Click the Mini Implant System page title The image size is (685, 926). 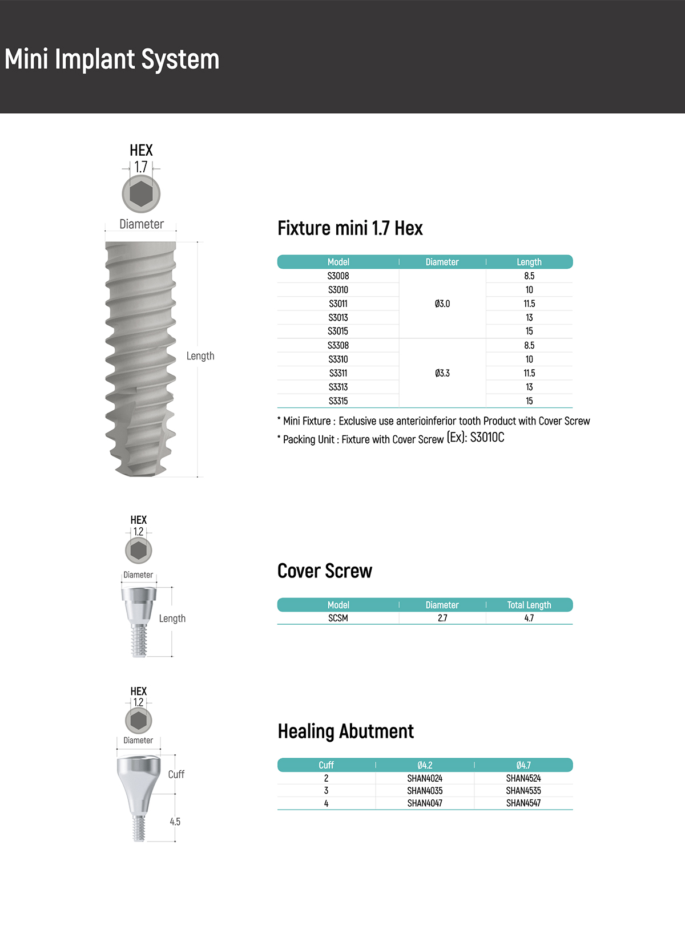pos(112,59)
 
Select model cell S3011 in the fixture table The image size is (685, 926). pos(338,304)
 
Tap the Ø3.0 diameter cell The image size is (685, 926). pos(442,304)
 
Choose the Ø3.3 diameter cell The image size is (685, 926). pos(442,373)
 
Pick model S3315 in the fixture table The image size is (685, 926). pos(338,401)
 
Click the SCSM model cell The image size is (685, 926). pos(338,618)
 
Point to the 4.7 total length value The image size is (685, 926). pos(529,618)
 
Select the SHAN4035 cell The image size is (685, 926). pos(425,790)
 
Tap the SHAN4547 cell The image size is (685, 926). pos(523,803)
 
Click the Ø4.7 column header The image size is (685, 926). pos(523,765)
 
